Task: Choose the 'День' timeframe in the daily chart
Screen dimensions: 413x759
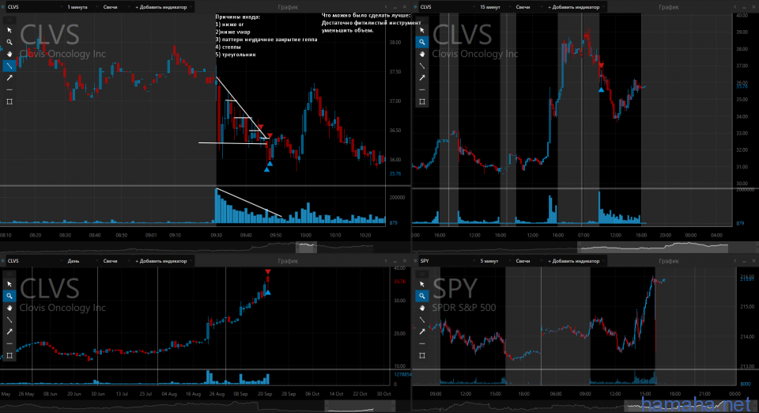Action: point(74,260)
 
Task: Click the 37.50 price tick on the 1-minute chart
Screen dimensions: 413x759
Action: point(395,71)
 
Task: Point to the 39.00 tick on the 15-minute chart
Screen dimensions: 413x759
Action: point(742,32)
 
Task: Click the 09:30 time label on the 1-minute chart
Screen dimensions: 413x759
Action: point(216,235)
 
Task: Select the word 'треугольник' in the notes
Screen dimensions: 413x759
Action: point(239,54)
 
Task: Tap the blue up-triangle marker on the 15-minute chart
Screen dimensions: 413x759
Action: point(602,89)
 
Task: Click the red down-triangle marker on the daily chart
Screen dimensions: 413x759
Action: point(268,272)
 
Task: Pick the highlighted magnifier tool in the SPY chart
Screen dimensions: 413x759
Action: point(422,295)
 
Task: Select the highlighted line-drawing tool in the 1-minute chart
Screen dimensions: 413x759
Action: point(9,66)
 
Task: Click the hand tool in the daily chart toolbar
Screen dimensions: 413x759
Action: point(9,307)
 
